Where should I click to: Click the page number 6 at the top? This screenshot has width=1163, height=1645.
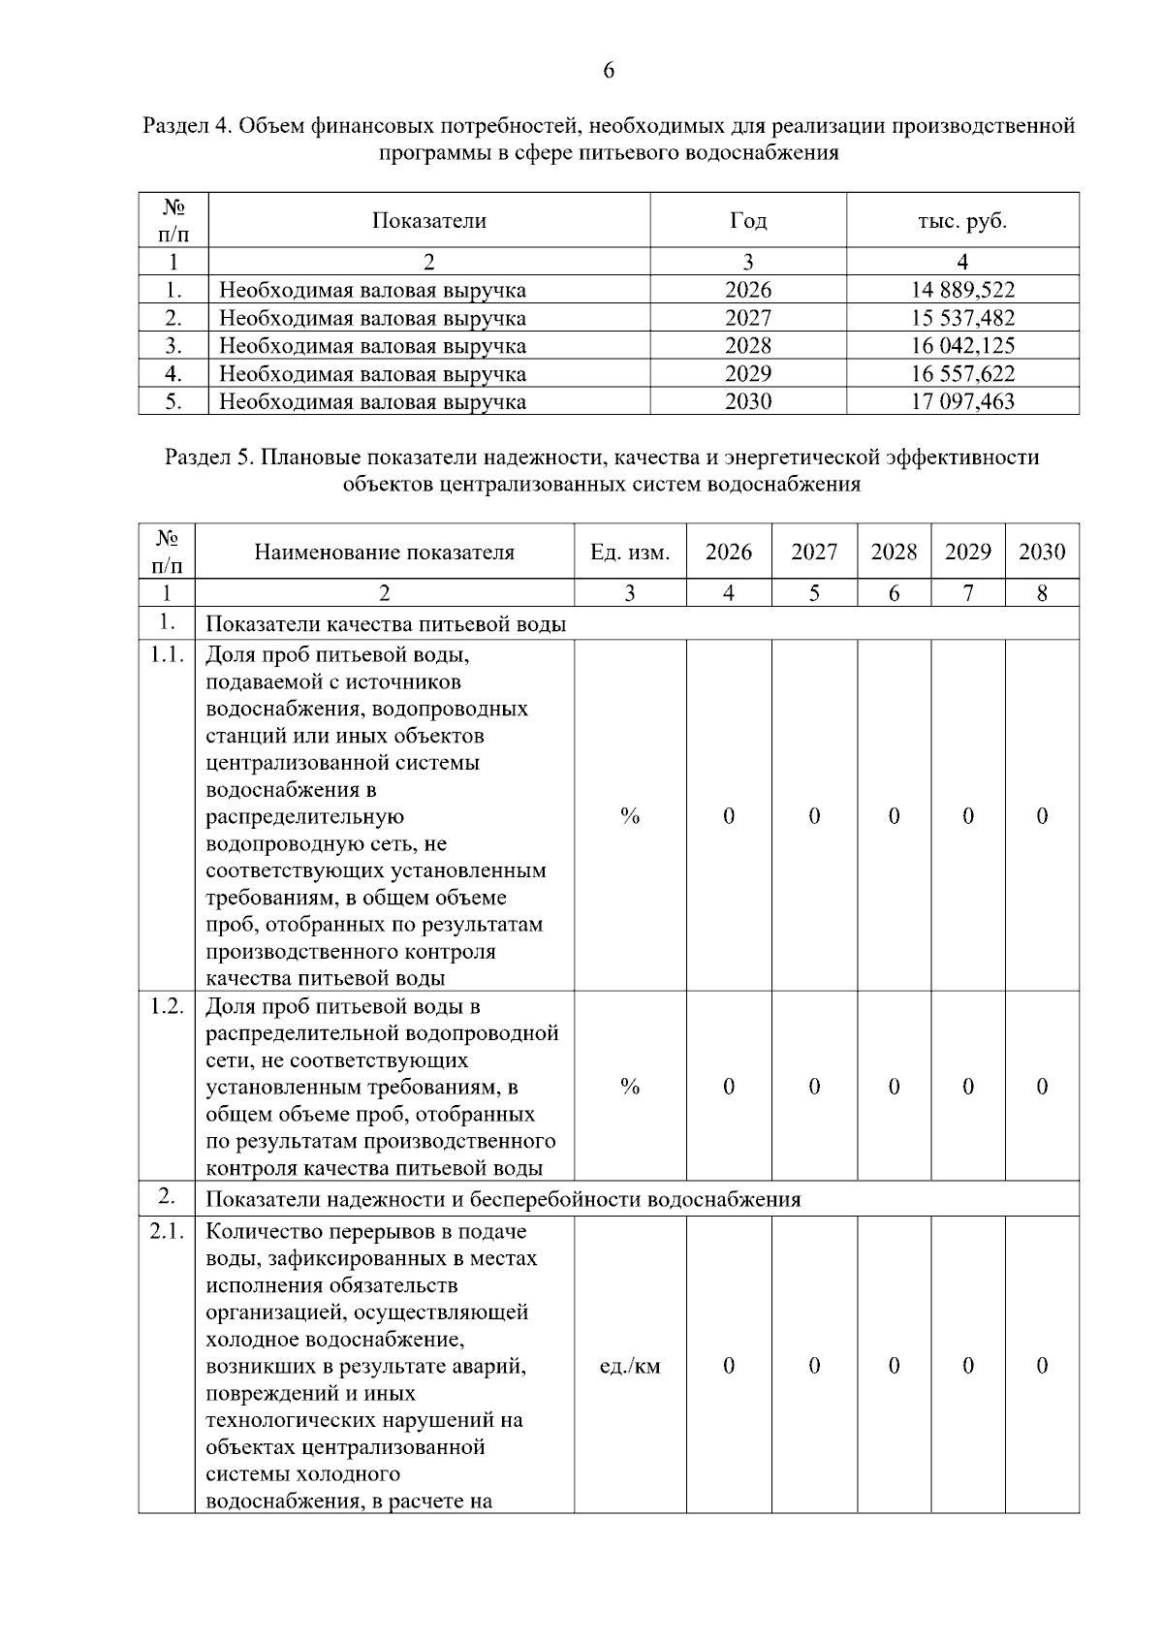[x=609, y=71]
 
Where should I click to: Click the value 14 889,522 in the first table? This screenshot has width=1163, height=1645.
[x=962, y=290]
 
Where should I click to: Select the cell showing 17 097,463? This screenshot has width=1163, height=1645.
[x=962, y=401]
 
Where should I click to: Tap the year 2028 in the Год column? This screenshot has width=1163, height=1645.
[x=747, y=346]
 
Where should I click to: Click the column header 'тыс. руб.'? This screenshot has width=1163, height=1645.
[x=962, y=221]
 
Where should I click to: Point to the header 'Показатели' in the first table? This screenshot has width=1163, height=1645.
[x=428, y=221]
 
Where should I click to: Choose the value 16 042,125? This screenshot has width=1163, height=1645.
[x=962, y=346]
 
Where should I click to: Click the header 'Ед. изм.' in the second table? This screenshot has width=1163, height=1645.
[x=630, y=553]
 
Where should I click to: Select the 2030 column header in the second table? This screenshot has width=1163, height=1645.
[x=1042, y=553]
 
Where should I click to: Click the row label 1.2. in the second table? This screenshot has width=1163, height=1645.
[x=167, y=1006]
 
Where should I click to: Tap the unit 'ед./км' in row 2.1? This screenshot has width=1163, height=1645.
[x=630, y=1366]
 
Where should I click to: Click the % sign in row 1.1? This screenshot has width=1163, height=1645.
[x=630, y=816]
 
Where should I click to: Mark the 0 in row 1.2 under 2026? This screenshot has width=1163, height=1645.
[x=729, y=1087]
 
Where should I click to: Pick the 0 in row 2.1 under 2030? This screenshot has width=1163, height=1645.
[x=1042, y=1366]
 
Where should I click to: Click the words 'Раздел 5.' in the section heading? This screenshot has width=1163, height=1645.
[x=206, y=458]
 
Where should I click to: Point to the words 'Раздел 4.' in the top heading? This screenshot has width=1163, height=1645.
[x=186, y=126]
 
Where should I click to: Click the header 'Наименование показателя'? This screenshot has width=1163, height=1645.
[x=384, y=553]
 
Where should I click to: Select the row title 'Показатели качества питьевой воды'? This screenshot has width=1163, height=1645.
[x=386, y=624]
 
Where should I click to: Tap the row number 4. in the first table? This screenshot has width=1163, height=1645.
[x=173, y=374]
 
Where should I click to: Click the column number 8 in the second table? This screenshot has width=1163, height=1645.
[x=1042, y=593]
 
